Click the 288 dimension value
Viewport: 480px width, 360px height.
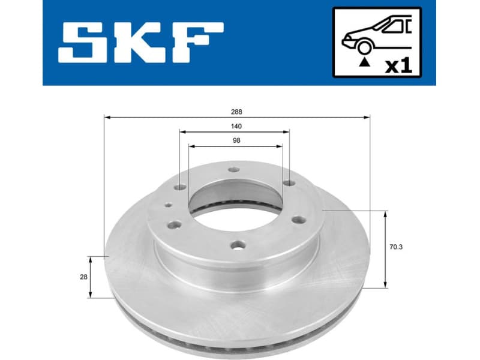coord(236,112)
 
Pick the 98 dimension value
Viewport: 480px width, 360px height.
coord(236,140)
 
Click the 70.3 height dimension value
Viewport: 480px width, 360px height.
coord(395,247)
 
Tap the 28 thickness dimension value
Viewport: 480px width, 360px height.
coord(83,277)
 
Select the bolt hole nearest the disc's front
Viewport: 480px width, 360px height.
coord(239,245)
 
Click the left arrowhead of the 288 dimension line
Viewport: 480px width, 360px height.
coord(107,118)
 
